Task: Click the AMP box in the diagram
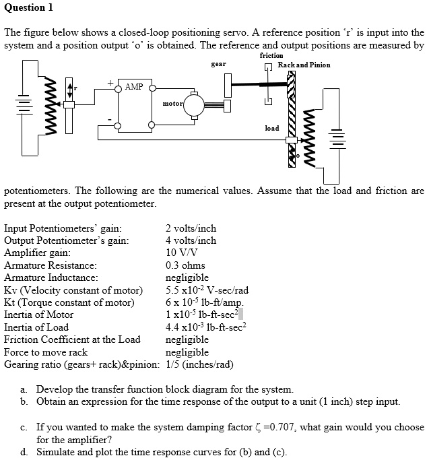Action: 134,88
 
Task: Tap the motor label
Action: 172,104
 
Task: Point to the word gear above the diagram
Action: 218,65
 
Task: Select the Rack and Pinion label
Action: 304,65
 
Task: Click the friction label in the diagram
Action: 271,55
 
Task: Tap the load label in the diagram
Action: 271,127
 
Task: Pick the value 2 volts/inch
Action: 191,228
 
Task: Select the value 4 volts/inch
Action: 191,240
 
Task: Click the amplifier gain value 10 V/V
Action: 181,253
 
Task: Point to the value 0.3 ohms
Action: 185,265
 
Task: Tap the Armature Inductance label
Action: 51,277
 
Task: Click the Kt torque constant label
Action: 69,302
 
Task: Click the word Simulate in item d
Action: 57,451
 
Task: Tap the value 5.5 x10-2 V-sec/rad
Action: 207,290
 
